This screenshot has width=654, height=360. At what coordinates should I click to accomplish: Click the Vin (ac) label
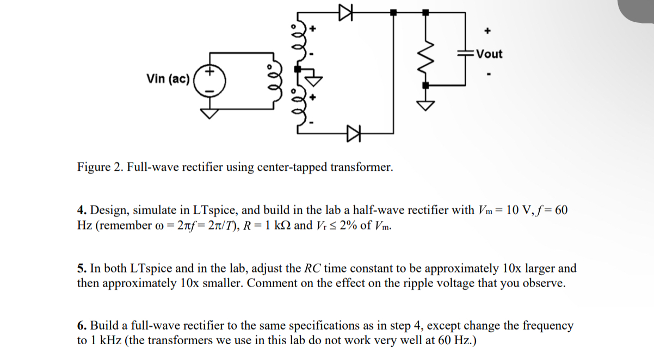point(168,79)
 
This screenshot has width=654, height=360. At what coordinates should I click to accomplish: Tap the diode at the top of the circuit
point(344,11)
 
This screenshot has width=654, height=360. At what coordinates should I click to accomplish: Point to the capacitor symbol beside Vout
point(465,53)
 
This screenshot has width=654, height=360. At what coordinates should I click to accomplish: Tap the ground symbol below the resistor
point(425,104)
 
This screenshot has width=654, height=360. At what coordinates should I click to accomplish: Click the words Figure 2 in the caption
point(98,167)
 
